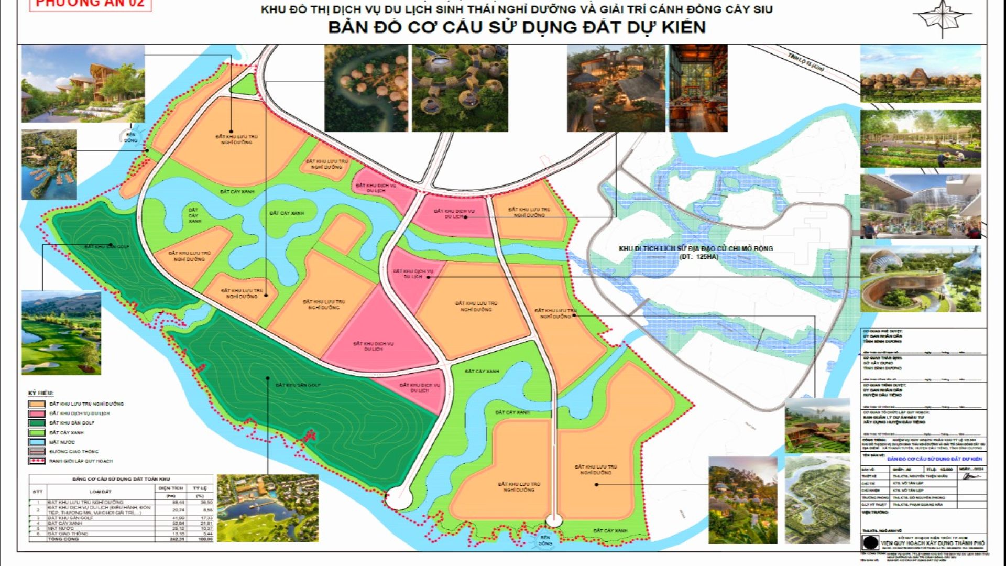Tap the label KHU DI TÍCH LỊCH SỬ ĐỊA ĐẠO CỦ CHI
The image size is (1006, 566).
pyautogui.click(x=696, y=249)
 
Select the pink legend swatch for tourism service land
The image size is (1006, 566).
pyautogui.click(x=37, y=413)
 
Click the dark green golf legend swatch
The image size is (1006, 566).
pyautogui.click(x=37, y=423)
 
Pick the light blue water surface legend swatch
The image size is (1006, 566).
pyautogui.click(x=37, y=442)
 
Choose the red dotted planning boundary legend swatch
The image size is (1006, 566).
pyautogui.click(x=37, y=461)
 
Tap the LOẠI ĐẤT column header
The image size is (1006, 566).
pyautogui.click(x=100, y=492)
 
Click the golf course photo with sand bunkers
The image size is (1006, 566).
pyautogui.click(x=61, y=333)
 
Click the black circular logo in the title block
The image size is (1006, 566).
pyautogui.click(x=870, y=542)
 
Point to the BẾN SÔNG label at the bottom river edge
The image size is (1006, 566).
pyautogui.click(x=545, y=540)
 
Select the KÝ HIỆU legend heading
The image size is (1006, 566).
pyautogui.click(x=41, y=394)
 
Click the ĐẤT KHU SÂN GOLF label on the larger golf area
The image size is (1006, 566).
pyautogui.click(x=298, y=385)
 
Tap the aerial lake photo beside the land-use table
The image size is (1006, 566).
pyautogui.click(x=267, y=508)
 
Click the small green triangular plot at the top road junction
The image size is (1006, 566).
pyautogui.click(x=244, y=85)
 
